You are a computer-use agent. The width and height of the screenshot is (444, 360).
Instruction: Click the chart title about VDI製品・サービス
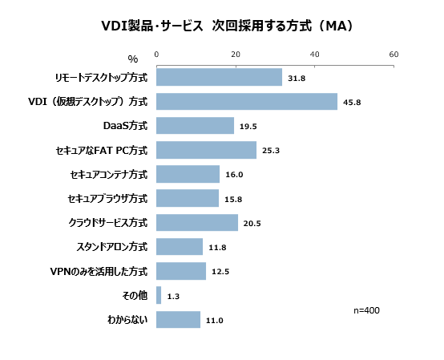tap(222, 26)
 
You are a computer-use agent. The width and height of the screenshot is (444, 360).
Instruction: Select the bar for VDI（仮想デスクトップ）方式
tap(247, 102)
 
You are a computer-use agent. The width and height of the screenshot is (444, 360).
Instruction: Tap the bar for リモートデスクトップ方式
tap(219, 78)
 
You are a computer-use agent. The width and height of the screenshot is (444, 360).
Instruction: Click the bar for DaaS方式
tap(195, 126)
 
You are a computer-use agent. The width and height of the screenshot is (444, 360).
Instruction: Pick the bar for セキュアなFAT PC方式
tap(206, 150)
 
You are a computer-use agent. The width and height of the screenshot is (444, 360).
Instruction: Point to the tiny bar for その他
tap(159, 296)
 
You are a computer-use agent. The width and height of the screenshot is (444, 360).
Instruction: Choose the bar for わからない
tap(178, 320)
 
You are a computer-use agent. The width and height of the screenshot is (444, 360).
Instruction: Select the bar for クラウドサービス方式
tap(196, 223)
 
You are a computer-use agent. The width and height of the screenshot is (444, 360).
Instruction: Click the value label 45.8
tap(353, 103)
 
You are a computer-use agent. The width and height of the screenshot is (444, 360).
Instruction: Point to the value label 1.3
tap(173, 297)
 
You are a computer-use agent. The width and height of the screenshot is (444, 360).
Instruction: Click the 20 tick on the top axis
tap(236, 55)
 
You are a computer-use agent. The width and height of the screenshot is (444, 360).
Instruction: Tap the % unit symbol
tap(133, 59)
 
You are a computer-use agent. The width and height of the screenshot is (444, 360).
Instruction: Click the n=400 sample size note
tap(366, 309)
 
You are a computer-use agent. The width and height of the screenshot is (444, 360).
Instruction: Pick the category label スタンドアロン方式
tap(112, 247)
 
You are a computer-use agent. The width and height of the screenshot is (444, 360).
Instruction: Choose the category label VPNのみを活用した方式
tap(99, 271)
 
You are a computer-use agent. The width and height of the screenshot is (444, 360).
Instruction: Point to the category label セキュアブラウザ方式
tap(108, 199)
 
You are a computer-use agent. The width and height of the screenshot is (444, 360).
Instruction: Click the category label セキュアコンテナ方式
tap(109, 174)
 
